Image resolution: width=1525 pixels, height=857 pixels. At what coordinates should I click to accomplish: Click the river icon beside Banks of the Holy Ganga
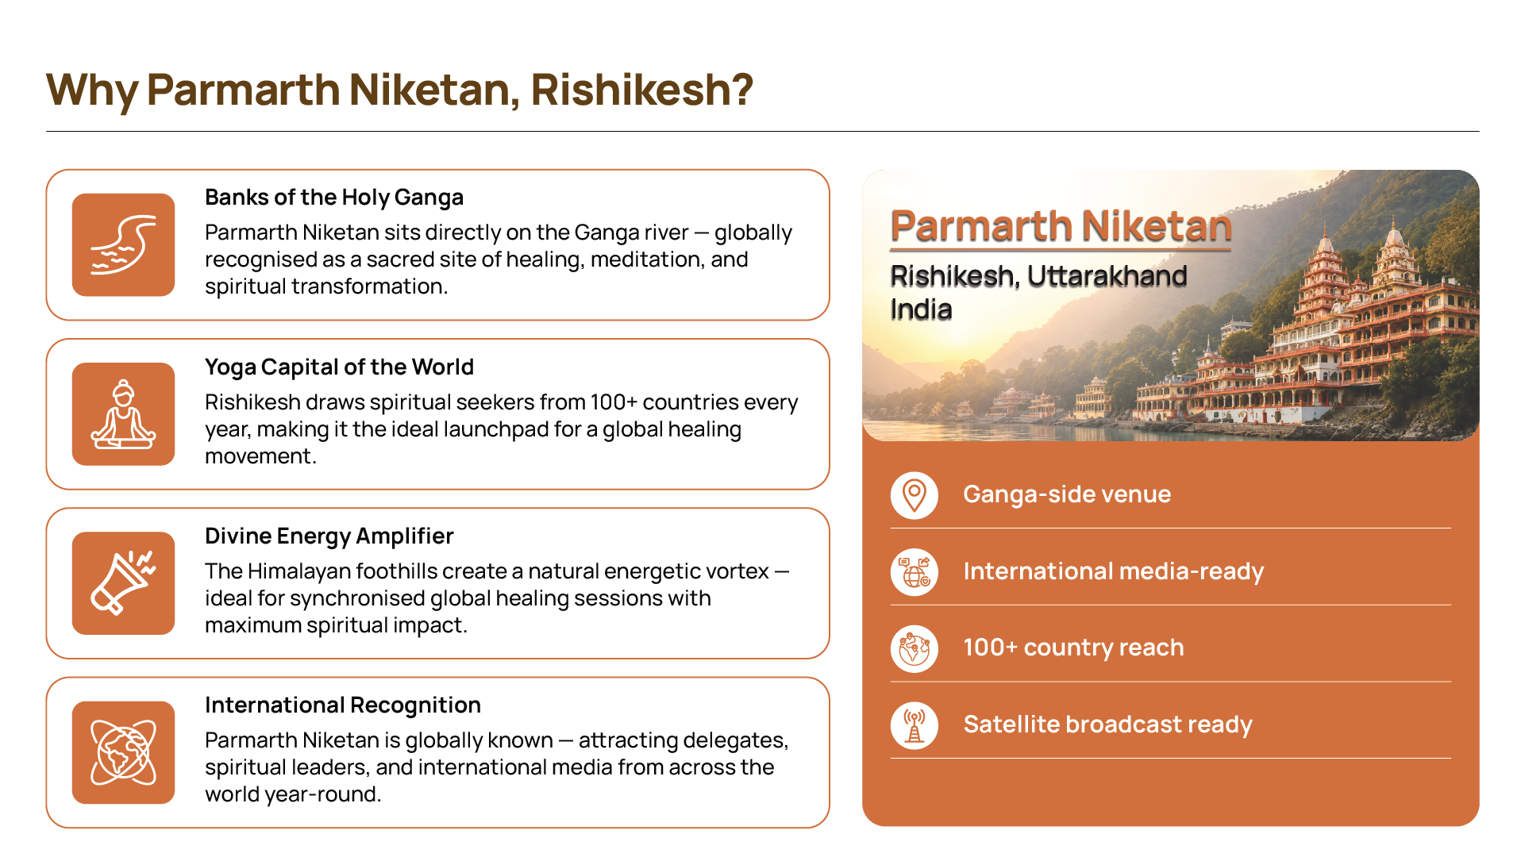click(123, 244)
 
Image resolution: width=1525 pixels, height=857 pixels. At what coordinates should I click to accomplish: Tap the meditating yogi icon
click(123, 414)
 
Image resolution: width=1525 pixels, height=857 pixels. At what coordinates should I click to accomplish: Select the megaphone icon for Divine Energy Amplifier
click(123, 583)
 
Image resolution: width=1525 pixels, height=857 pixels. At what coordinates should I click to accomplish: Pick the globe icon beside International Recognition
click(123, 752)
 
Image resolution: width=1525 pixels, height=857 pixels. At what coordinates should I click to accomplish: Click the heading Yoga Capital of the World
click(339, 367)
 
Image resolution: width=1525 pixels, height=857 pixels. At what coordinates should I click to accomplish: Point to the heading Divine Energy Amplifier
click(329, 536)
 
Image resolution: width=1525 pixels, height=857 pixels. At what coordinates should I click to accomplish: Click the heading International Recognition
click(343, 705)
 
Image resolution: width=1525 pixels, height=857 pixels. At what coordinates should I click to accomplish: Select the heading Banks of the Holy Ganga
click(334, 198)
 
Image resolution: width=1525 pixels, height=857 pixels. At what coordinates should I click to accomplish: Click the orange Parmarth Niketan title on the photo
click(1061, 226)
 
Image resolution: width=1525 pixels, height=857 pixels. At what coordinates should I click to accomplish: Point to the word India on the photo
click(921, 309)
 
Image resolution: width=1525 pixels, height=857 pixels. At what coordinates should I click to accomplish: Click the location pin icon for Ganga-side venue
click(915, 495)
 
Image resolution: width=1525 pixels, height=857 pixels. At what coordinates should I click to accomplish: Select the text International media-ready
click(1113, 571)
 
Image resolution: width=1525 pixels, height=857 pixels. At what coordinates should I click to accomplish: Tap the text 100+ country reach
click(1073, 648)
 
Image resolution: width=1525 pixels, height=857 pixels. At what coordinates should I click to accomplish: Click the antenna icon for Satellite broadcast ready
click(915, 725)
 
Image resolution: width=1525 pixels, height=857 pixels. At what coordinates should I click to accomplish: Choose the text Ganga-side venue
click(1067, 494)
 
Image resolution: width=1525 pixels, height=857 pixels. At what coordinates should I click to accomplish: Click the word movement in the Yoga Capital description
click(260, 456)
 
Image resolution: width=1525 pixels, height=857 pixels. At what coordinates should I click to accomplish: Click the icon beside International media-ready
click(915, 572)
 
